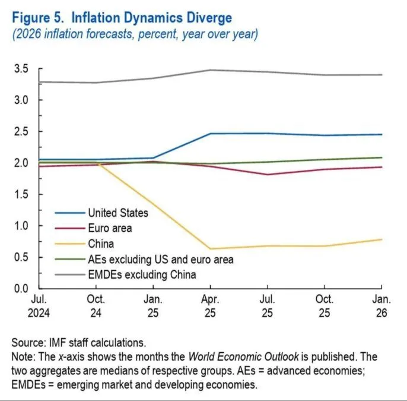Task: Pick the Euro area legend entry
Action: (110, 228)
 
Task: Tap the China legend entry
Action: (101, 244)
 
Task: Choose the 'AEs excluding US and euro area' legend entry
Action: (160, 260)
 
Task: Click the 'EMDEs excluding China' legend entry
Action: (142, 275)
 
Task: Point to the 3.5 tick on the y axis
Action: (21, 69)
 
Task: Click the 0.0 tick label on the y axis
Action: (21, 289)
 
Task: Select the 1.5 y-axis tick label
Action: (21, 194)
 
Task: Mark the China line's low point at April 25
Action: (209, 249)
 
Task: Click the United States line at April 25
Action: (209, 134)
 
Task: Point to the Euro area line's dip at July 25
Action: (267, 175)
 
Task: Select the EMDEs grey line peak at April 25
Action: (209, 70)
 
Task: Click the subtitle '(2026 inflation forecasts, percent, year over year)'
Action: (134, 34)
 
